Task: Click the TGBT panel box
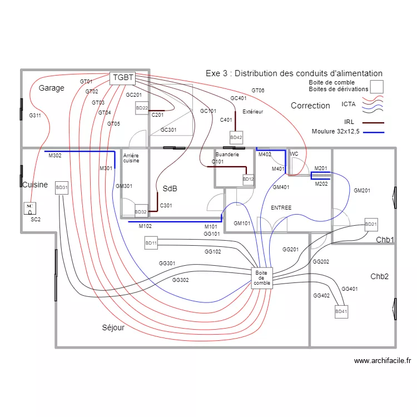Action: coord(123,78)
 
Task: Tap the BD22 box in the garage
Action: coord(142,108)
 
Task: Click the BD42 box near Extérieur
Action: coord(236,137)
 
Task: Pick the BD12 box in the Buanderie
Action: coord(248,179)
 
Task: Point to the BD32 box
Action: coord(141,211)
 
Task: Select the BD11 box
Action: coord(151,243)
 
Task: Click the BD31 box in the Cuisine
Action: coord(61,188)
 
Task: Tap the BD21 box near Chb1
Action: coord(371,225)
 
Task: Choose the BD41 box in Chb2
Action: coord(341,312)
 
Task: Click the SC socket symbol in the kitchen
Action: coord(30,209)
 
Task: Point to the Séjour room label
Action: coord(113,327)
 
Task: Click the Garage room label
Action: coord(51,88)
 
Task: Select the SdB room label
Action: coord(170,188)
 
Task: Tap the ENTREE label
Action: coord(281,207)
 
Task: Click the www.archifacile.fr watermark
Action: coord(383,360)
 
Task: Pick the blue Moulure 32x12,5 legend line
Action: coord(373,132)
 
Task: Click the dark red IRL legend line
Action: coord(373,122)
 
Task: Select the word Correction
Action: coord(310,106)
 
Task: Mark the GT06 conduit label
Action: coord(258,90)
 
